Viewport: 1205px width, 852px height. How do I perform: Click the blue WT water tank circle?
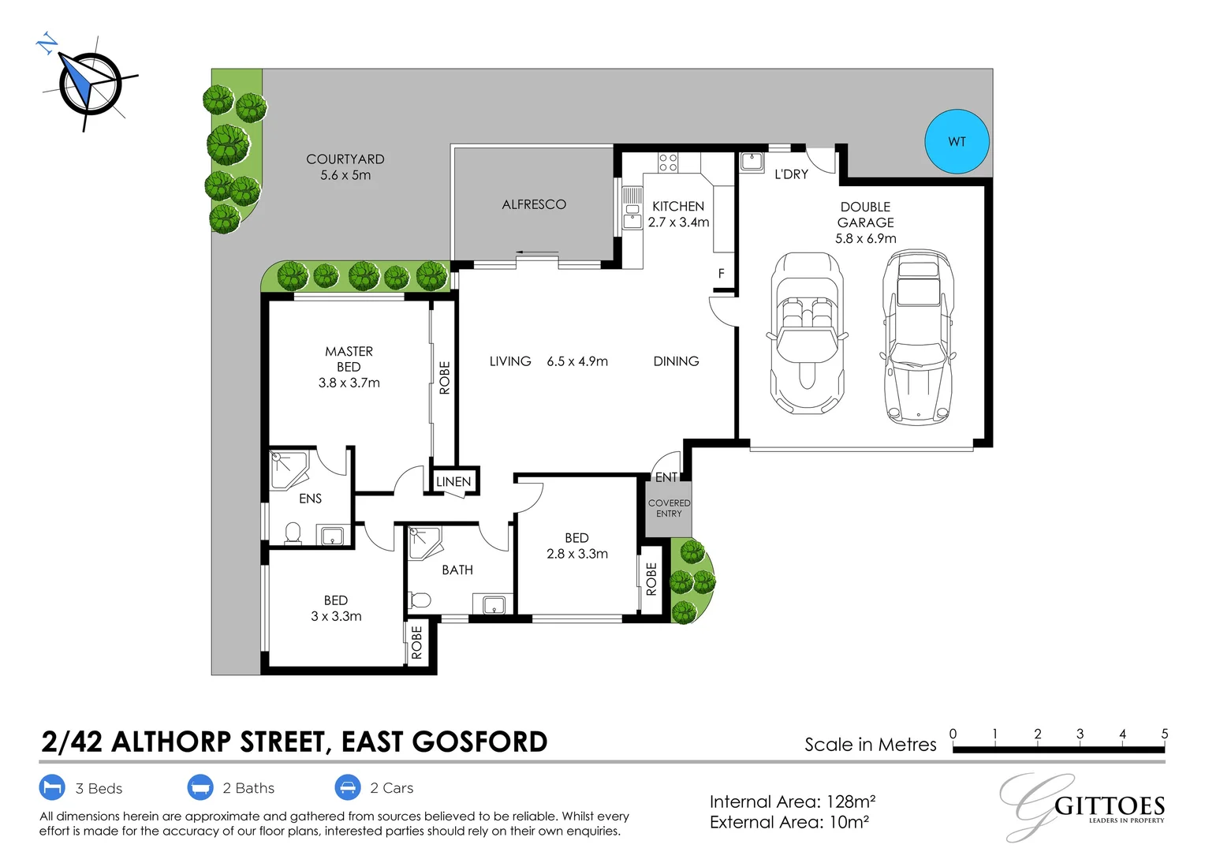point(957,141)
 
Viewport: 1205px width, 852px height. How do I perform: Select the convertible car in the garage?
point(806,333)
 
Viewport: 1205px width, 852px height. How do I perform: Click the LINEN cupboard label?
point(453,481)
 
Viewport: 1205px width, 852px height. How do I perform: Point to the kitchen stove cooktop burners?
point(668,163)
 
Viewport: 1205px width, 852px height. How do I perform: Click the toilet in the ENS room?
point(293,533)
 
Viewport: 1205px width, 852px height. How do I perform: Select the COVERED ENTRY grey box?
point(669,509)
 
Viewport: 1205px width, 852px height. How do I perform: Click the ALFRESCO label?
point(534,204)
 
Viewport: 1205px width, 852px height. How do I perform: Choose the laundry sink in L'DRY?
point(752,162)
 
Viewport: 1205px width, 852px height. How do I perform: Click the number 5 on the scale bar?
point(1164,734)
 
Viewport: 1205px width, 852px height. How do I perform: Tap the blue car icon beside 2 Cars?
point(348,787)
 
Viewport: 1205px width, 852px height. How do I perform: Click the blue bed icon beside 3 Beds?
point(52,787)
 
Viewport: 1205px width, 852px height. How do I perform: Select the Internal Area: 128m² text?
point(792,802)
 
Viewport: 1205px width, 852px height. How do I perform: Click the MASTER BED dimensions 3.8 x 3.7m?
point(349,383)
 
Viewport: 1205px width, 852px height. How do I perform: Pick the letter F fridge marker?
point(721,274)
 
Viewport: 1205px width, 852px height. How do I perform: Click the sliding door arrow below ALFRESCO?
point(538,253)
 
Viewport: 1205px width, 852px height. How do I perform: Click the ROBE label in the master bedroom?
point(444,378)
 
